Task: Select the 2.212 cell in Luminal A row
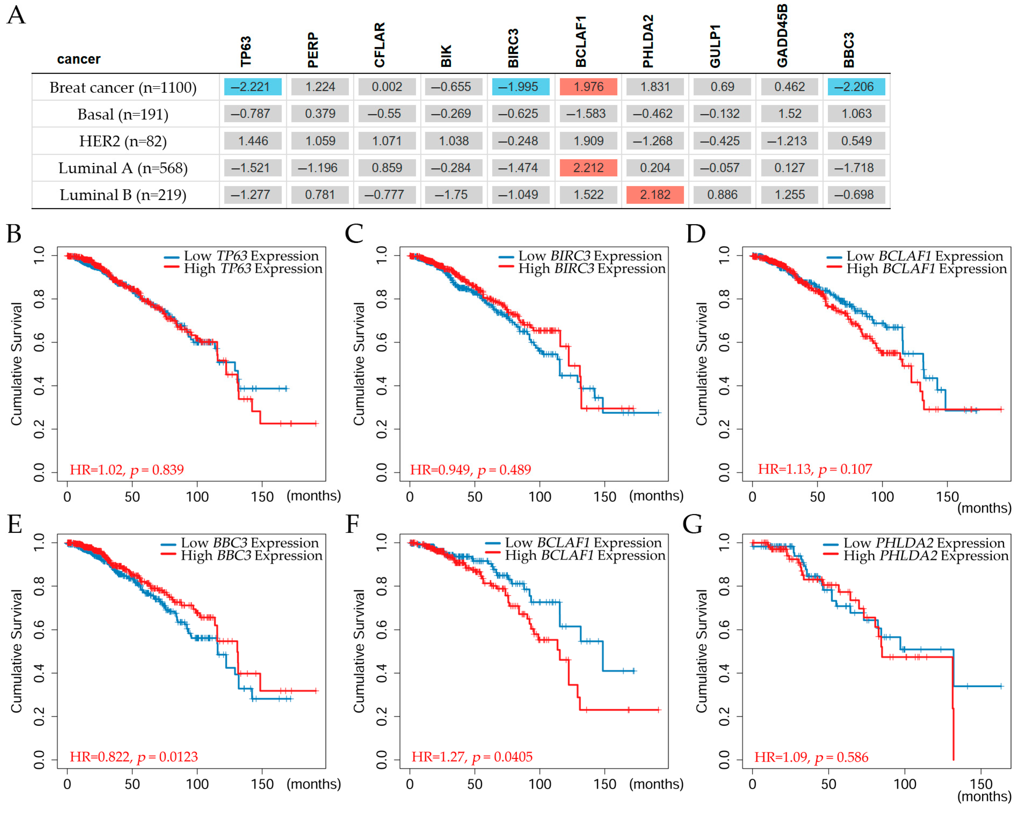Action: point(588,168)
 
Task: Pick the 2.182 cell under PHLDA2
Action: point(655,195)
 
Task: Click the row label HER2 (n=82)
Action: point(123,141)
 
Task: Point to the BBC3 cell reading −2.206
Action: point(856,87)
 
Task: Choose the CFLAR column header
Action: point(380,45)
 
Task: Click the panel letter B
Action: point(14,233)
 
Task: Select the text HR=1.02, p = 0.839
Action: point(126,469)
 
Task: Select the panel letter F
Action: point(352,524)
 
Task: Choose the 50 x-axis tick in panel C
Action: point(475,497)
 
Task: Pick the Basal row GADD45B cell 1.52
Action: point(790,114)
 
